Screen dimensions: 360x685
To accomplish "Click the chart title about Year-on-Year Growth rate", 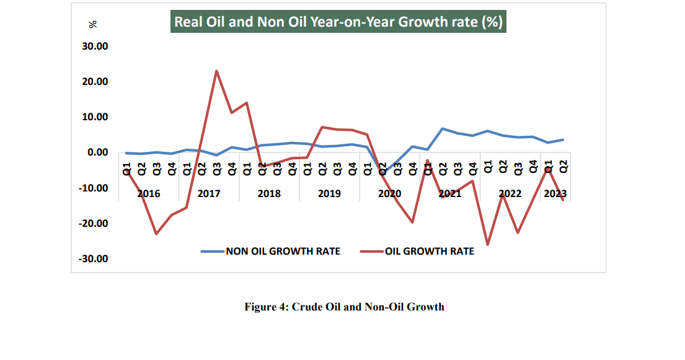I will pyautogui.click(x=338, y=22).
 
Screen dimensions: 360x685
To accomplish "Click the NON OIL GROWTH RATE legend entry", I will pyautogui.click(x=283, y=251).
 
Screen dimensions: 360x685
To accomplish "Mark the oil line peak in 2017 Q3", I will pyautogui.click(x=216, y=71).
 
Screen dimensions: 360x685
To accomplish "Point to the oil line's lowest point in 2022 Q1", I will pyautogui.click(x=488, y=245).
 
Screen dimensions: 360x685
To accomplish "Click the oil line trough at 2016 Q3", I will pyautogui.click(x=156, y=234).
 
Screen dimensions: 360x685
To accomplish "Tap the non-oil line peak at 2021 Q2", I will pyautogui.click(x=443, y=129).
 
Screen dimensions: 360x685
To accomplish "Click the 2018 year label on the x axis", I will pyautogui.click(x=269, y=194).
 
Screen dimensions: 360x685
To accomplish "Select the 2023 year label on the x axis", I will pyautogui.click(x=555, y=194).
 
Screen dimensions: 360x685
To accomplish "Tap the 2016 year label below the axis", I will pyautogui.click(x=149, y=194).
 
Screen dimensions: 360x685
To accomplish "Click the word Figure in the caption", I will pyautogui.click(x=261, y=307).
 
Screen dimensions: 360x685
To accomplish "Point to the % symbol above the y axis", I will pyautogui.click(x=93, y=24).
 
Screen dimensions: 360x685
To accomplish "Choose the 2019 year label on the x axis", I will pyautogui.click(x=329, y=194).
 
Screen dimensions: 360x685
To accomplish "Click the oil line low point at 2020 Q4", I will pyautogui.click(x=412, y=222).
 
